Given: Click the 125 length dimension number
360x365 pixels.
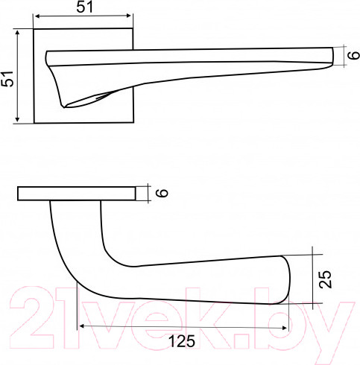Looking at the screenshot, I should coord(181,342).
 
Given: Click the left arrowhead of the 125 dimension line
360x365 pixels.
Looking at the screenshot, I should coord(82,326).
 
